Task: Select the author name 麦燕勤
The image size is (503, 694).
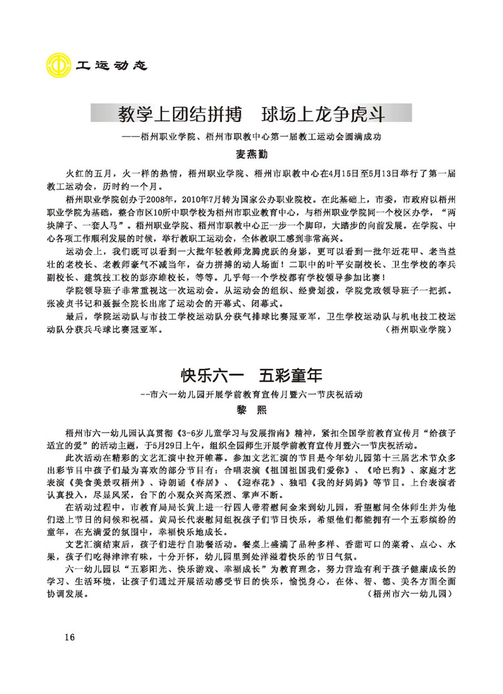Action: coord(251,153)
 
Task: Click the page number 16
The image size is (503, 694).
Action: coord(69,637)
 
